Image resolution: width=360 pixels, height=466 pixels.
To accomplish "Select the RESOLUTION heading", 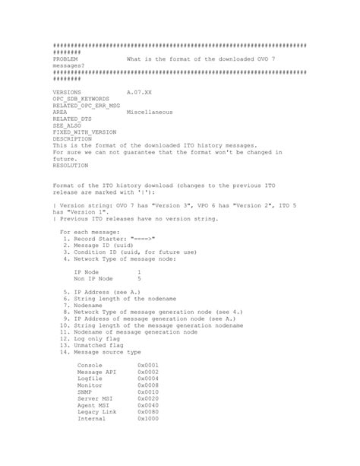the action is coord(70,165).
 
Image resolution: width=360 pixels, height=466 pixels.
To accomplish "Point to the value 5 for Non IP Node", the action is coord(139,278).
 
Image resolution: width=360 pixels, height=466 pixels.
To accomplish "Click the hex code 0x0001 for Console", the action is coord(149,365).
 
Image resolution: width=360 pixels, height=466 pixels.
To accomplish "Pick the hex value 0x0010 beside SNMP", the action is coord(149,392).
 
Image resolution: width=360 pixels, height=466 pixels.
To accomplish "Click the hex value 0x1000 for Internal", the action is coord(149,419).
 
